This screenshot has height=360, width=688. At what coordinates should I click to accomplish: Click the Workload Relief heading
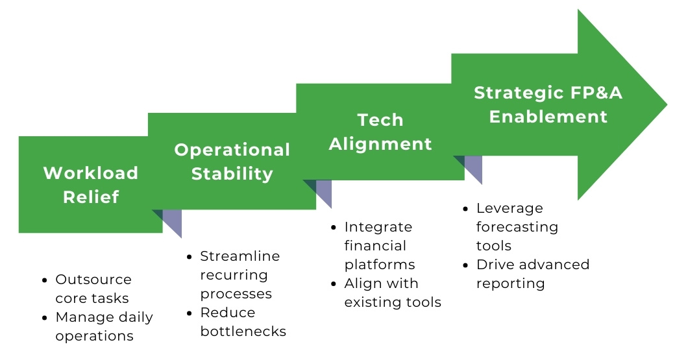coord(91,185)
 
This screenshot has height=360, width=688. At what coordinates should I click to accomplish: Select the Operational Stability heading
coord(232,162)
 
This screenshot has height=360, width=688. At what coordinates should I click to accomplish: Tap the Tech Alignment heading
coord(380,132)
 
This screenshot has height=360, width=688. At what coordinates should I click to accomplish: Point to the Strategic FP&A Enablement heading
coord(548,104)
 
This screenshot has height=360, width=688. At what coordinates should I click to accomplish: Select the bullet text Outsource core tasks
coord(93,289)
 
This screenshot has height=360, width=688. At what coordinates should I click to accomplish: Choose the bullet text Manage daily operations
coord(104,326)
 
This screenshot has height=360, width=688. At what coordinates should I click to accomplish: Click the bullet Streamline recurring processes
coord(239,274)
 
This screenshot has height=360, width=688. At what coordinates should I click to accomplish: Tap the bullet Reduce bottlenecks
coord(242,322)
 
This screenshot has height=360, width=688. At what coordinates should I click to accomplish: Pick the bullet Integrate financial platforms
coord(379,246)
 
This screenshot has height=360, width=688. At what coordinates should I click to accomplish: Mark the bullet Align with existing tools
coord(392,293)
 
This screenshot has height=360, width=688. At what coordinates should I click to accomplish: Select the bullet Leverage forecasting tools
coord(517,226)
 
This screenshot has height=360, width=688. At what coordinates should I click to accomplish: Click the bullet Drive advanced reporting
coord(532,274)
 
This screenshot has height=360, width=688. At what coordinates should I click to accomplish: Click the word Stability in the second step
coord(232,174)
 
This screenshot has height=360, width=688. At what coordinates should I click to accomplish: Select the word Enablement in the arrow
coord(548,117)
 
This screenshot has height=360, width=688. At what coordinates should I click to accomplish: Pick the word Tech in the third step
coord(380,120)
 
